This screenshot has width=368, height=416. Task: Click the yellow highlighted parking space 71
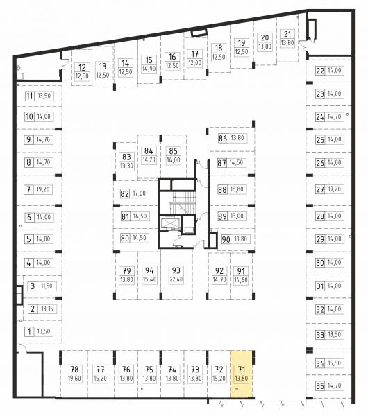(241, 374)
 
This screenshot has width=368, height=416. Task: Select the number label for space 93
(176, 270)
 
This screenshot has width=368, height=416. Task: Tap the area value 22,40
(176, 279)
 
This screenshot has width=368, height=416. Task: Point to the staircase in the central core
(183, 202)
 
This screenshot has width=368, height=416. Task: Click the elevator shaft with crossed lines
(169, 223)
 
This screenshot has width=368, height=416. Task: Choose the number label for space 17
(194, 54)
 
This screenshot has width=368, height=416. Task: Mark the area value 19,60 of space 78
(74, 378)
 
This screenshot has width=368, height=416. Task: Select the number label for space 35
(320, 385)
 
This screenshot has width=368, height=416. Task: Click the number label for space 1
(29, 331)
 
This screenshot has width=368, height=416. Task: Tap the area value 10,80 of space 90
(240, 239)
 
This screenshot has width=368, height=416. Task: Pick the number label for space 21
(287, 34)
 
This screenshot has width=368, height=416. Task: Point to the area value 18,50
(335, 334)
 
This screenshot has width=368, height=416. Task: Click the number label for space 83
(126, 157)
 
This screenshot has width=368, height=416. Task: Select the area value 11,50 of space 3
(47, 286)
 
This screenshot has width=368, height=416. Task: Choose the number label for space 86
(223, 138)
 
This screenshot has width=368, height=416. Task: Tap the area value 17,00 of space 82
(140, 193)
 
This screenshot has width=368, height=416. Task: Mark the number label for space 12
(82, 67)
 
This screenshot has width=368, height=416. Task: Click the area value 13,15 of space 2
(47, 309)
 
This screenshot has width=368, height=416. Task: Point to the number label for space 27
(320, 189)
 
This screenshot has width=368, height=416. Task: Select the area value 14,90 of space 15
(149, 69)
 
